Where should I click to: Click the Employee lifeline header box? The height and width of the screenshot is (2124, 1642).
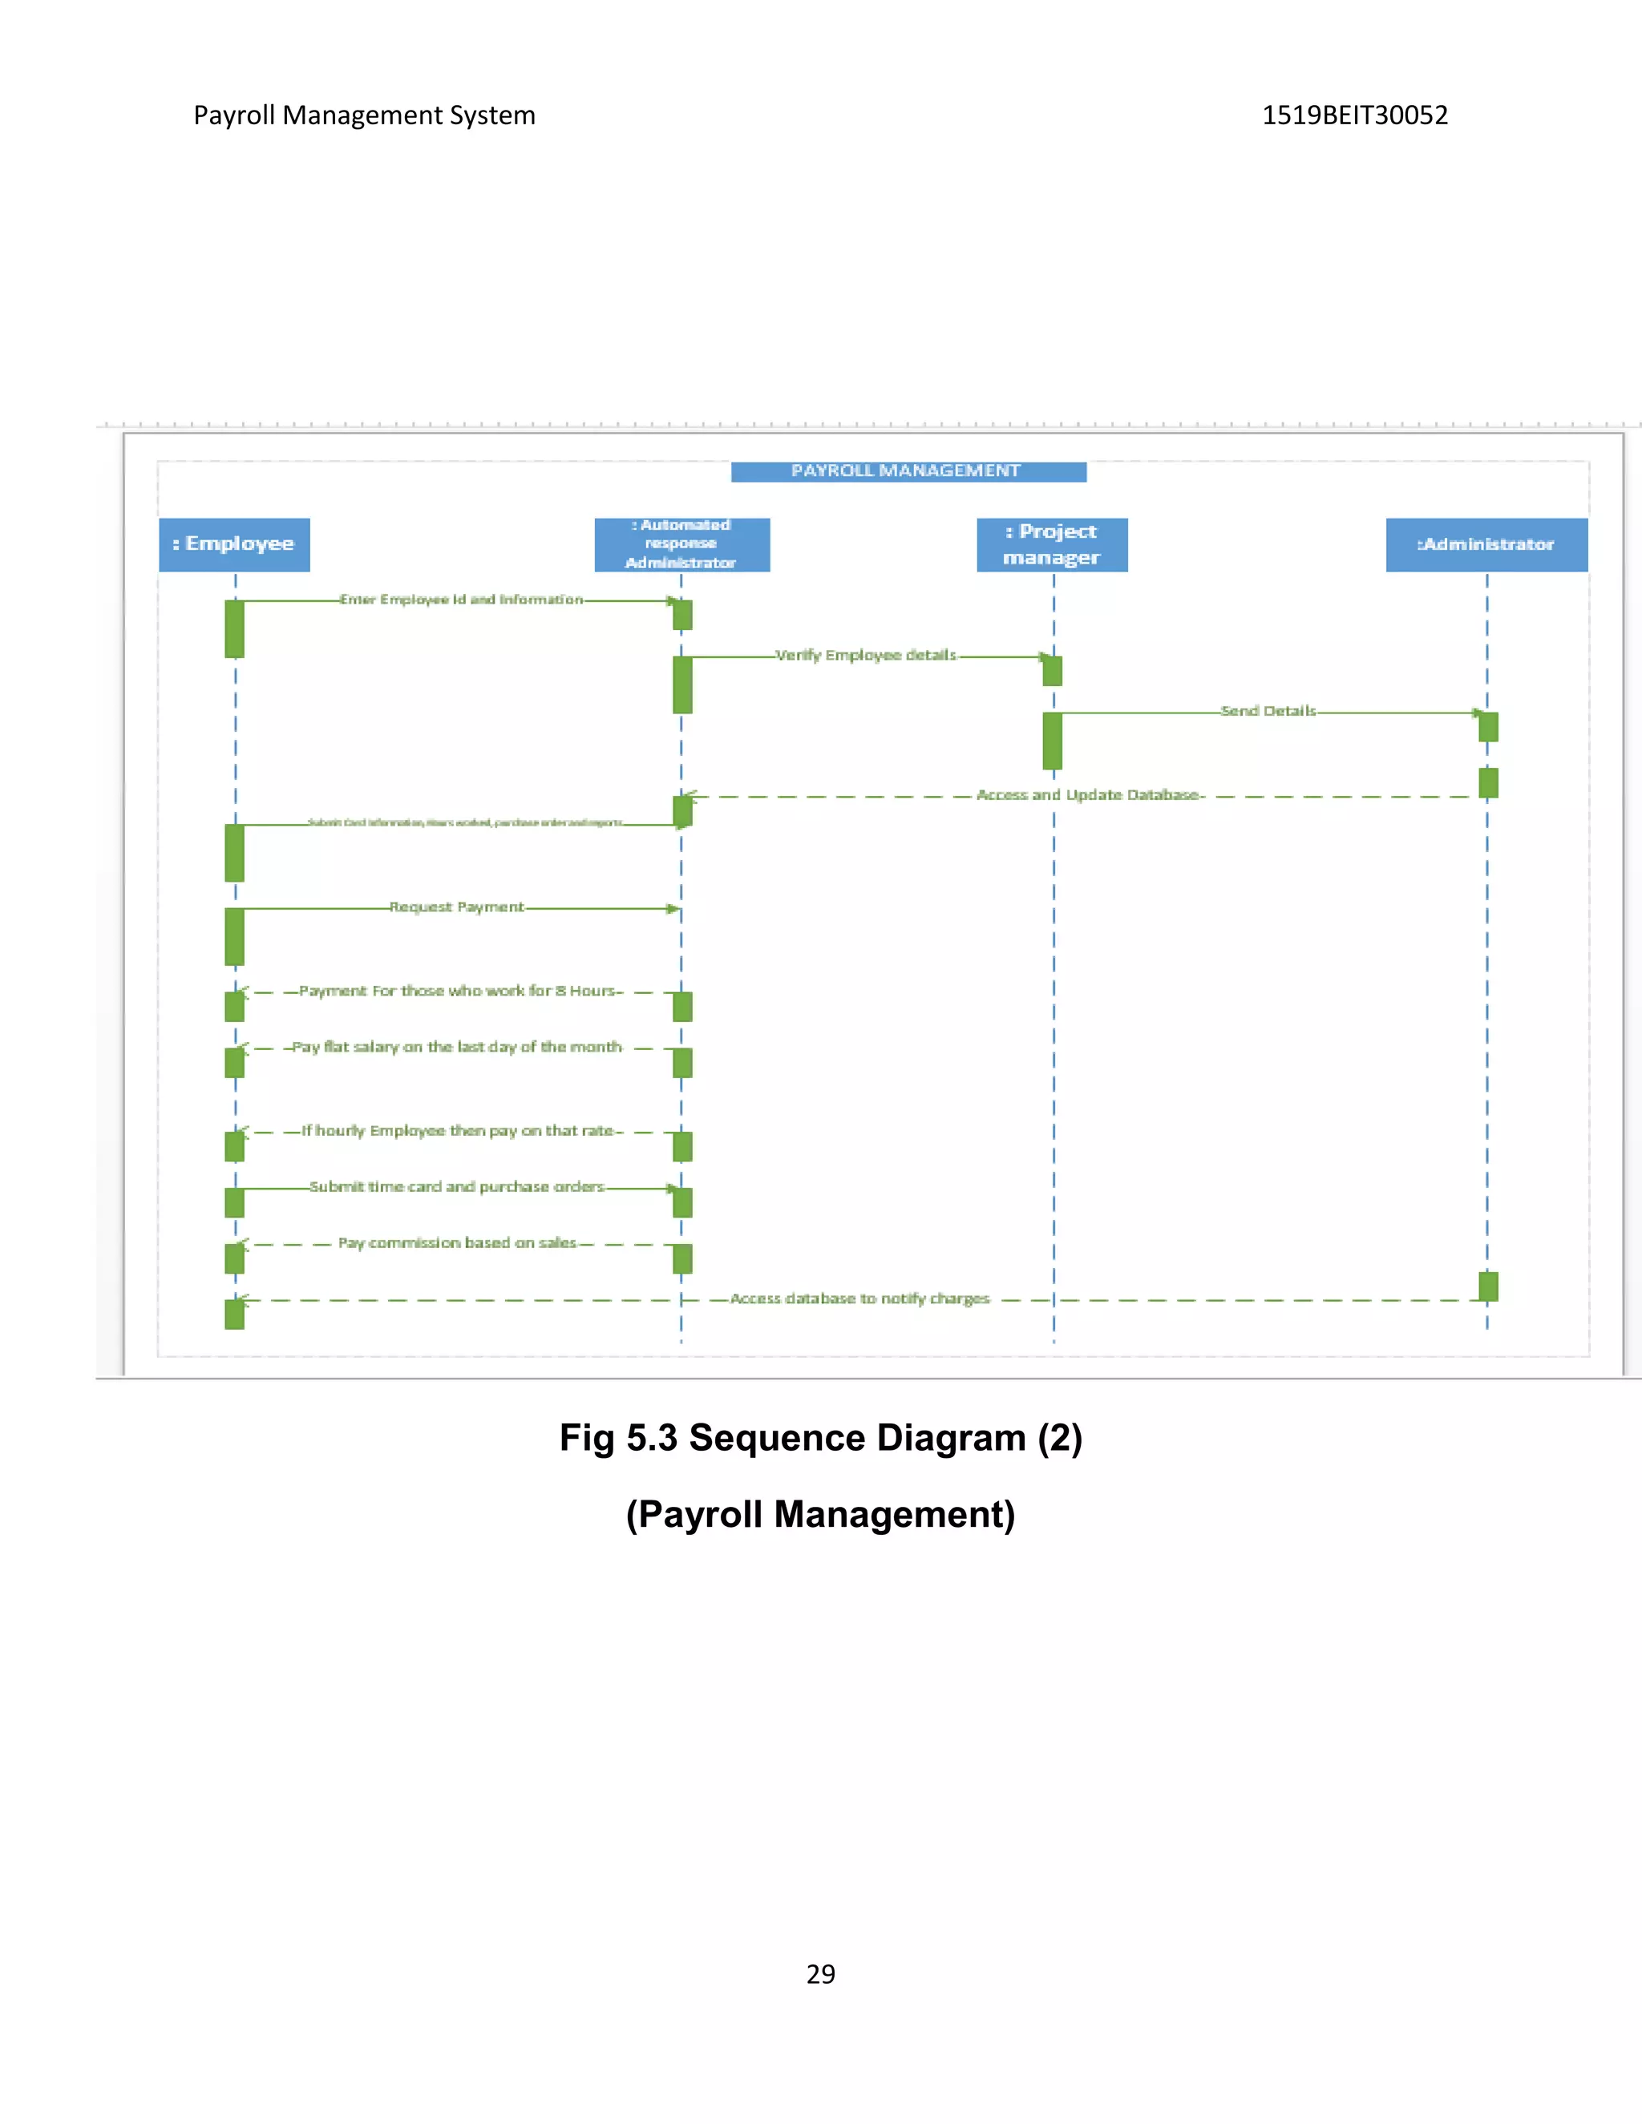pos(234,544)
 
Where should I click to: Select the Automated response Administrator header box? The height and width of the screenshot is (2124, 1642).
pos(682,544)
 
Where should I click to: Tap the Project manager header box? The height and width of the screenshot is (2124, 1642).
pos(1052,544)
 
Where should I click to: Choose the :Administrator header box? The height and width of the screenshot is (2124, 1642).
pos(1486,544)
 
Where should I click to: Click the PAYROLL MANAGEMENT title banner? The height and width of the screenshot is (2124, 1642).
pos(908,471)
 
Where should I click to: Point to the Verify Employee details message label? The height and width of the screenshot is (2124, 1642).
pos(866,656)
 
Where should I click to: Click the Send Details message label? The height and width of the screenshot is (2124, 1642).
pos(1268,711)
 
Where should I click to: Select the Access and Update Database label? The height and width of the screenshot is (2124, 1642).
pos(1089,794)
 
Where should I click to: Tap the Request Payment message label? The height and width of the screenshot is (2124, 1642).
pos(456,907)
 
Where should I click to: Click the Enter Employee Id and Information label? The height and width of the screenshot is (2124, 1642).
pos(461,599)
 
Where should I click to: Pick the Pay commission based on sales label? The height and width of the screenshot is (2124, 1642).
pos(457,1243)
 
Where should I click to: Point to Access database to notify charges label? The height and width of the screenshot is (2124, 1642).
pos(860,1298)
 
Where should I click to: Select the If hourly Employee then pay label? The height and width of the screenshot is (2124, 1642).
pos(458,1130)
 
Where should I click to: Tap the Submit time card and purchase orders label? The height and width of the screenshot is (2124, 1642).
pos(457,1186)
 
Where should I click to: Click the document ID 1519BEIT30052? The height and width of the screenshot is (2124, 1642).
pos(1354,115)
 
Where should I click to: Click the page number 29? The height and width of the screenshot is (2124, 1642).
pos(820,1973)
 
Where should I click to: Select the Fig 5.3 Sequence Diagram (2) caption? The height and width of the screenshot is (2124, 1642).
pos(820,1437)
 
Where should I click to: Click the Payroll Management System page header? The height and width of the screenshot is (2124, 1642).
pos(364,115)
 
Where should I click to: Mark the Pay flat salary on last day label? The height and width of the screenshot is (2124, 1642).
pos(457,1047)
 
